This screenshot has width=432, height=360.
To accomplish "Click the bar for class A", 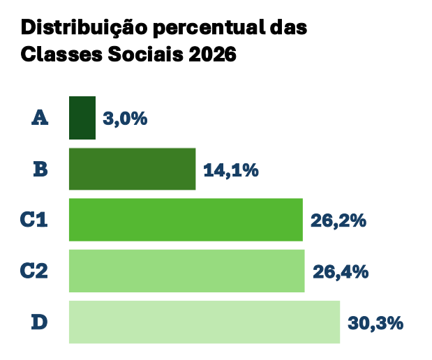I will click(82, 118).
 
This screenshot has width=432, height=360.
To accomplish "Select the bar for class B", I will click(132, 169).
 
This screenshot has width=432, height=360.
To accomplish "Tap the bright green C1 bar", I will click(186, 220).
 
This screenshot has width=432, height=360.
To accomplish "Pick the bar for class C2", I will click(186, 271).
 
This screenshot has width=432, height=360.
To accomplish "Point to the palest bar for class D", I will click(204, 322).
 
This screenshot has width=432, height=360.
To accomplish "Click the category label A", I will click(40, 118).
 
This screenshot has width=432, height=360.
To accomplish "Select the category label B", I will click(40, 169).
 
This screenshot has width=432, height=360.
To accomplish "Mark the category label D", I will click(40, 322).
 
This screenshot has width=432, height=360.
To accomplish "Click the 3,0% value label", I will click(125, 119).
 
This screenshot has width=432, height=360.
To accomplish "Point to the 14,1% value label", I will click(231, 170).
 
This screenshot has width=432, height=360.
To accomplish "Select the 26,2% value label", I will click(338, 220).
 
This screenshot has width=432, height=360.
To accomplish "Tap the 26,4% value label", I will click(341, 271).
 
